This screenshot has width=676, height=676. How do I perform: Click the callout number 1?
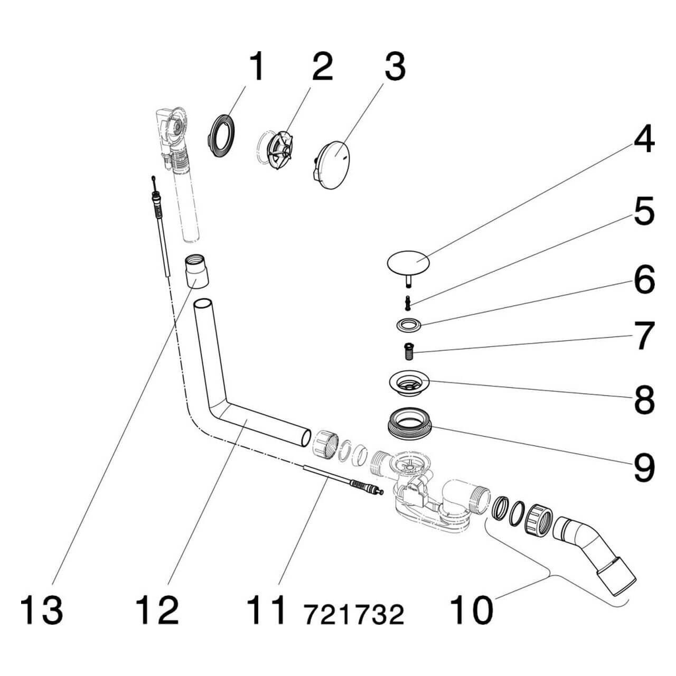point(256,68)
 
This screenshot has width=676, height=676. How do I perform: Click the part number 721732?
point(353,614)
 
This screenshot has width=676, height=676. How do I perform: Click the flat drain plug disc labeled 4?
point(408,261)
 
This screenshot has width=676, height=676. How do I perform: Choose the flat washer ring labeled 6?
point(408,325)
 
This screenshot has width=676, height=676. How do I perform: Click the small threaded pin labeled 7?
point(408,350)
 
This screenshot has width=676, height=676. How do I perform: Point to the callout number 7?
point(644,336)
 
